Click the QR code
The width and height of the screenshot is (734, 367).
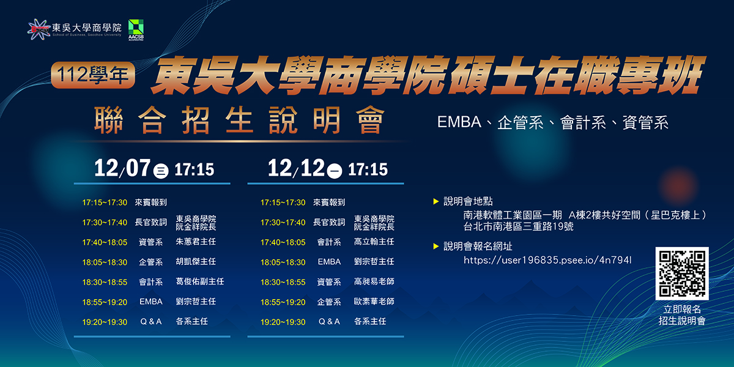pyautogui.click(x=682, y=273)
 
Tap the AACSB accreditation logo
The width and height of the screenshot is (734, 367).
pyautogui.click(x=136, y=30)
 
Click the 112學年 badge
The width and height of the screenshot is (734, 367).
pyautogui.click(x=93, y=75)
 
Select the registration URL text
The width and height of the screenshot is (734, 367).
pyautogui.click(x=547, y=260)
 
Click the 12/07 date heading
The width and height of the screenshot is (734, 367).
pyautogui.click(x=122, y=168)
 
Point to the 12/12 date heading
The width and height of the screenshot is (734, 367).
pyautogui.click(x=296, y=168)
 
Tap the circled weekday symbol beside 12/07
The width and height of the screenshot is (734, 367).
pyautogui.click(x=161, y=171)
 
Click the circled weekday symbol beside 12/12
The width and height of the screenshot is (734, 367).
pyautogui.click(x=335, y=171)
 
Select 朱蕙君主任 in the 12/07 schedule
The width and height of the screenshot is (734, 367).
pyautogui.click(x=196, y=242)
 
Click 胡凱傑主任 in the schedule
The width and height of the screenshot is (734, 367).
pyautogui.click(x=196, y=262)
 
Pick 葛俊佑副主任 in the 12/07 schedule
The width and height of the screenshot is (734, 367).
pyautogui.click(x=200, y=281)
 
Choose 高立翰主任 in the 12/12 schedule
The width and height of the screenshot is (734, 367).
pyautogui.click(x=374, y=242)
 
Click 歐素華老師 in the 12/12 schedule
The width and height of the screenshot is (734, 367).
pyautogui.click(x=374, y=302)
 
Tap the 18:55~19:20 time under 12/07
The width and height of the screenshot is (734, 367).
pyautogui.click(x=105, y=302)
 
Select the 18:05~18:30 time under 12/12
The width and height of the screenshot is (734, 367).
pyautogui.click(x=283, y=262)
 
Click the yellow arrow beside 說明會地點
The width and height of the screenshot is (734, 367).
pyautogui.click(x=436, y=201)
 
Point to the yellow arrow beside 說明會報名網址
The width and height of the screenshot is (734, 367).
pyautogui.click(x=436, y=247)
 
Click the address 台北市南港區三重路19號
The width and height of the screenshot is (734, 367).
pyautogui.click(x=519, y=227)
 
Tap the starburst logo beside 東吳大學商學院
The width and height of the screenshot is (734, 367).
pyautogui.click(x=38, y=29)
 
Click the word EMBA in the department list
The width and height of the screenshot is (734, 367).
pyautogui.click(x=459, y=122)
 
